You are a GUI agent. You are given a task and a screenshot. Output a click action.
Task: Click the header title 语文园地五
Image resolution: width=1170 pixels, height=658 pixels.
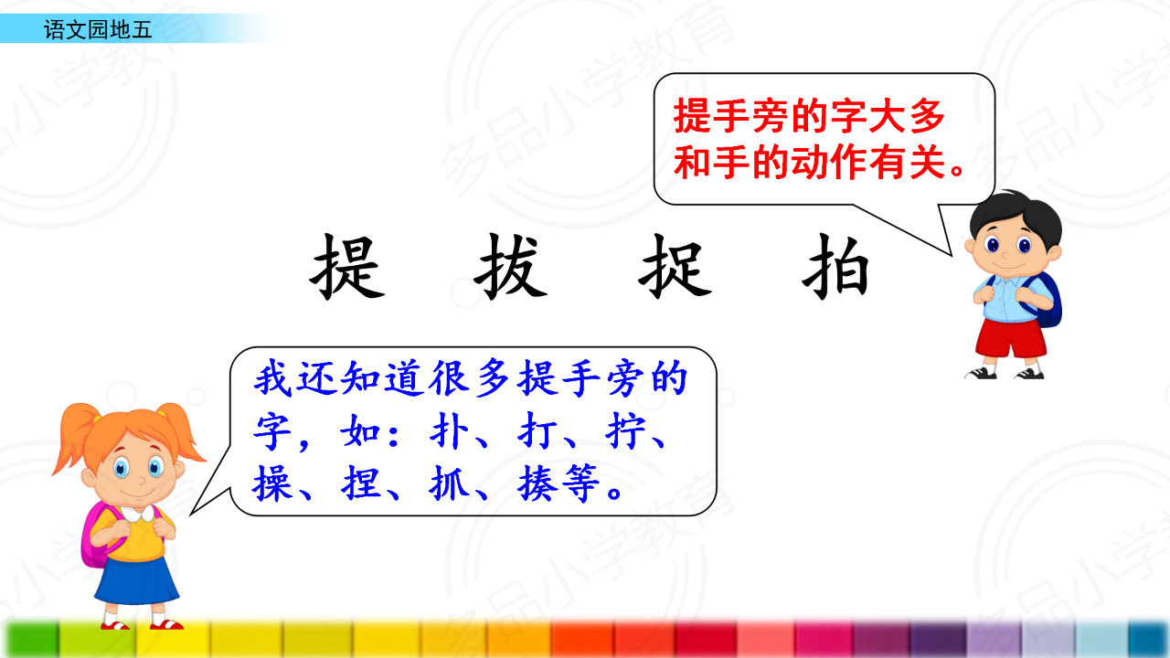coord(98,30)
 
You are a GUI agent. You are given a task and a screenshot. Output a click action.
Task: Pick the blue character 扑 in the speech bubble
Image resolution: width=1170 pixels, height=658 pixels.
coord(448,431)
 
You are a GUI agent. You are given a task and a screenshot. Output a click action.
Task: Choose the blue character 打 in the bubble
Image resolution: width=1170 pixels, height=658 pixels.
coord(536,431)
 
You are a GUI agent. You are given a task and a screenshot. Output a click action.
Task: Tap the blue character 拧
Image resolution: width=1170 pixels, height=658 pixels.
coord(624,431)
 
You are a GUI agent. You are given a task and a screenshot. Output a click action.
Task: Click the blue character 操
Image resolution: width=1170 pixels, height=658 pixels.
coord(271,483)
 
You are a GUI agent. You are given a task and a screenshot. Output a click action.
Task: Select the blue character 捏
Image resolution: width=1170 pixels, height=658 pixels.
coord(360,483)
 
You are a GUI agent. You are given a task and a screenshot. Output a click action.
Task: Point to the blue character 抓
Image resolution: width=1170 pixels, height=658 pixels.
coord(448,483)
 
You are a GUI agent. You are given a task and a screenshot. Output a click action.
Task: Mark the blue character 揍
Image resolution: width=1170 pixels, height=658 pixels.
coord(537,483)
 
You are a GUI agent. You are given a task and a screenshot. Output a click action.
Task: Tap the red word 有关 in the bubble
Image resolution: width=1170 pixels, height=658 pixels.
coord(908,163)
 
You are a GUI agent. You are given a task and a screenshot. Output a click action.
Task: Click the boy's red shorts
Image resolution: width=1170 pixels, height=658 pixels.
coord(1010,338)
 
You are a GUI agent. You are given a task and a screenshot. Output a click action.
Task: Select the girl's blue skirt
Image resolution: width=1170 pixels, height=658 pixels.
coord(137,580)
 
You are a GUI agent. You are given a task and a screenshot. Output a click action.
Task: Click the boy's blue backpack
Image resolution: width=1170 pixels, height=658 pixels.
coord(1048,302)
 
